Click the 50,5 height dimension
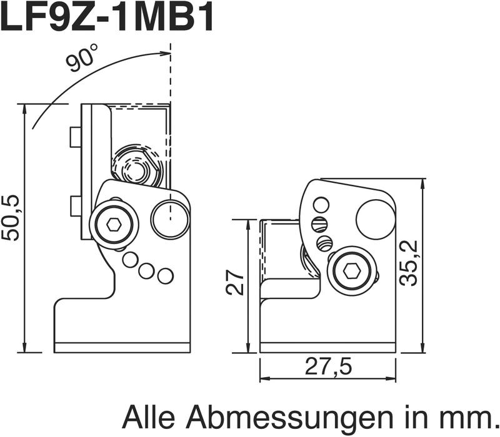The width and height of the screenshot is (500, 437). (x=11, y=218)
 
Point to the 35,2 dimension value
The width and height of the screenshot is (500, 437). (x=409, y=263)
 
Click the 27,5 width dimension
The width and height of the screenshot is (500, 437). (x=329, y=366)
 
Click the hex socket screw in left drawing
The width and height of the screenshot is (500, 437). (x=114, y=225)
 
